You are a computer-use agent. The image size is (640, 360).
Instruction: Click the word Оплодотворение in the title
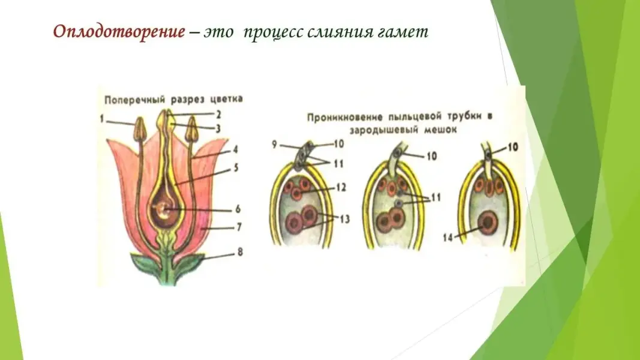pos(119,32)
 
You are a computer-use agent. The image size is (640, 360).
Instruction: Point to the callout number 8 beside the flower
pos(240,253)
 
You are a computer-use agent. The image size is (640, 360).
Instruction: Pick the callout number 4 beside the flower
pos(237,150)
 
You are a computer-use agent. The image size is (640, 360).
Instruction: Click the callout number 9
pos(275,144)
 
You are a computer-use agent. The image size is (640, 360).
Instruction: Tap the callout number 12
pos(341,188)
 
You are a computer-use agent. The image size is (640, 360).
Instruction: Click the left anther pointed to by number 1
pos(140,128)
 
